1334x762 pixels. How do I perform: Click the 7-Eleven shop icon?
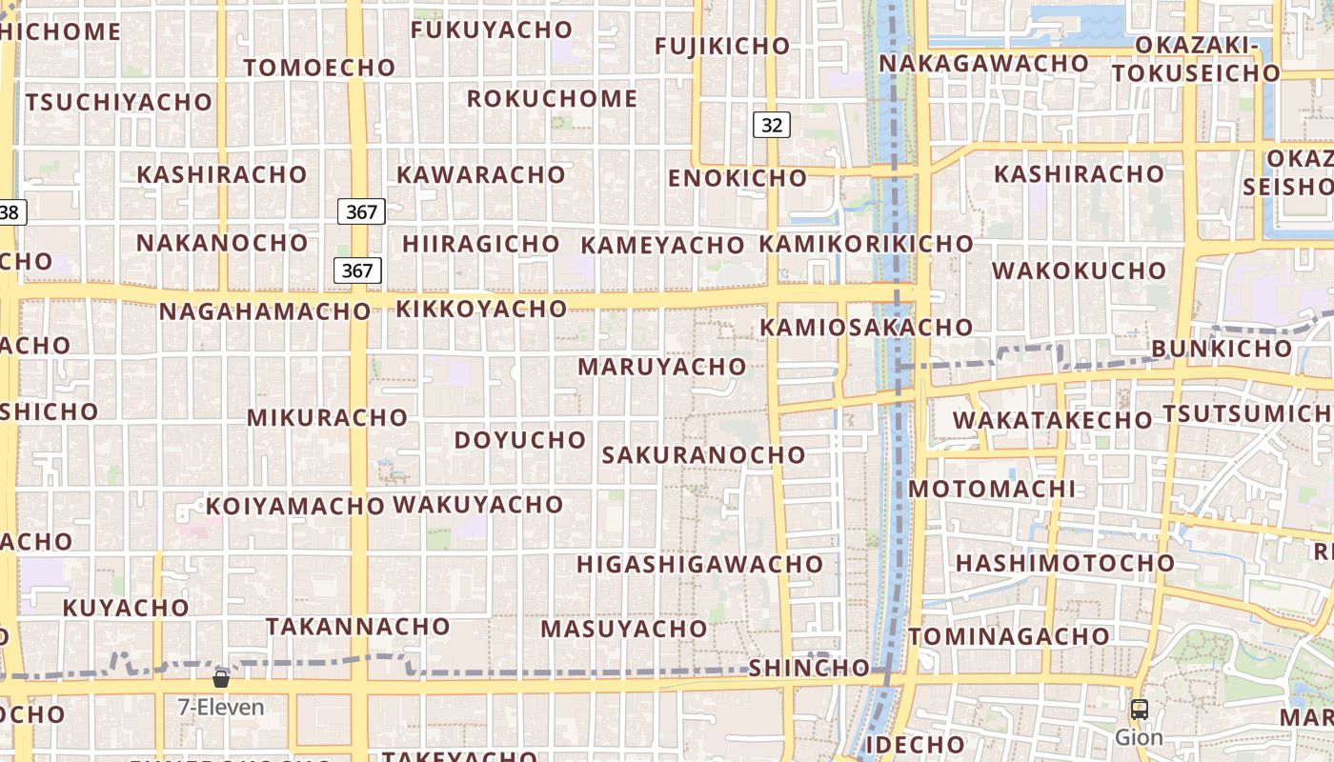pyautogui.click(x=221, y=679)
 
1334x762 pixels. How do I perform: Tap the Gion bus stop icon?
pyautogui.click(x=1139, y=710)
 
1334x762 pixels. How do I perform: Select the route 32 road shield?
pyautogui.click(x=771, y=125)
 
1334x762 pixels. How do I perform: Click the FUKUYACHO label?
pyautogui.click(x=491, y=30)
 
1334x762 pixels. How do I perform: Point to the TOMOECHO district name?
pyautogui.click(x=319, y=68)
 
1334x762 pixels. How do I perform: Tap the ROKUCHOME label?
pyautogui.click(x=552, y=99)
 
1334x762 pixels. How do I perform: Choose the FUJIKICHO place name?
pyautogui.click(x=722, y=46)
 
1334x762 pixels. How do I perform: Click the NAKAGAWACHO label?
pyautogui.click(x=983, y=64)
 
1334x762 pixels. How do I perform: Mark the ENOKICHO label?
pyautogui.click(x=737, y=178)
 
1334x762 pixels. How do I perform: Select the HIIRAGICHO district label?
pyautogui.click(x=480, y=244)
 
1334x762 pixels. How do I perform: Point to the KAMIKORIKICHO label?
pyautogui.click(x=865, y=244)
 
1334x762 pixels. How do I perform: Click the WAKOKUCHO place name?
pyautogui.click(x=1079, y=271)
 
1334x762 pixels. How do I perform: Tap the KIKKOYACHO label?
pyautogui.click(x=481, y=309)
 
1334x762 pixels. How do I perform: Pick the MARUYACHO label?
pyautogui.click(x=661, y=367)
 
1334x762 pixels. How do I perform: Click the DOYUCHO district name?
pyautogui.click(x=519, y=440)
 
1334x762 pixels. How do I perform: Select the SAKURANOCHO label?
pyautogui.click(x=703, y=455)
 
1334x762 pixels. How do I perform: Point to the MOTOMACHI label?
pyautogui.click(x=991, y=490)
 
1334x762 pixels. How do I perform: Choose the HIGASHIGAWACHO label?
pyautogui.click(x=699, y=564)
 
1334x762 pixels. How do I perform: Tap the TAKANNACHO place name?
pyautogui.click(x=357, y=627)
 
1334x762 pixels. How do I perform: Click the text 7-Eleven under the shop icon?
pyautogui.click(x=221, y=708)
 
